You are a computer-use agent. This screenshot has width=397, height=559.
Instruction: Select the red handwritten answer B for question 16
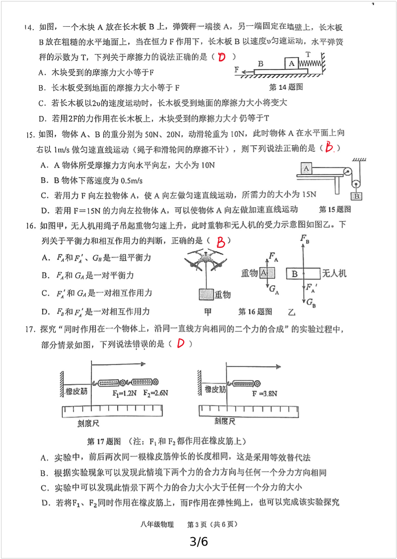point(221,242)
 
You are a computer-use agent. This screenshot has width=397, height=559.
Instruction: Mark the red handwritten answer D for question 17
point(181,343)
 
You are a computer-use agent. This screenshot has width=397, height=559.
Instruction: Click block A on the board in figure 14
point(292,63)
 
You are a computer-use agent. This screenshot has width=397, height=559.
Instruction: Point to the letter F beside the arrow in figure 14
point(237,69)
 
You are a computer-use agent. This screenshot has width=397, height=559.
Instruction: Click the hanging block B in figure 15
point(357,196)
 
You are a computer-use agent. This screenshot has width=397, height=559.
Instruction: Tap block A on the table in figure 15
point(306,168)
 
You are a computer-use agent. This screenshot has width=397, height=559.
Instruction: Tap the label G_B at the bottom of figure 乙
point(311,303)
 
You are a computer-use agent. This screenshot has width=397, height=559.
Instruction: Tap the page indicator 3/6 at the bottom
point(198,542)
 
